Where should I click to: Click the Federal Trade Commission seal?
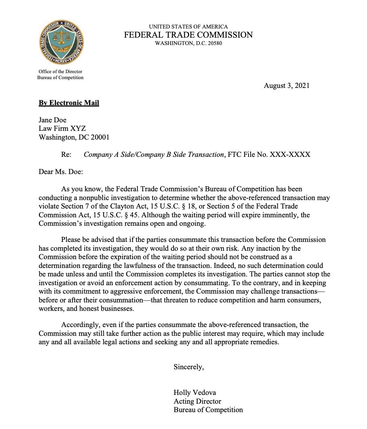[62, 42]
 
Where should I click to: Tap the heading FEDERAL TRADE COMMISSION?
[188, 35]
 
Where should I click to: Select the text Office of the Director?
[60, 71]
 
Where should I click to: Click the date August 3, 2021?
[286, 85]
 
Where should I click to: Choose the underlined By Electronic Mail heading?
[69, 103]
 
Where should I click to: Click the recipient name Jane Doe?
[52, 120]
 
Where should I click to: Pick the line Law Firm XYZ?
[62, 128]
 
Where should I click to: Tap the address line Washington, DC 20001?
[74, 137]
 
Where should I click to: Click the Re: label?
[66, 154]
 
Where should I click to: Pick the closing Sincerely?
[189, 367]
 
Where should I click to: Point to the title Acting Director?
[198, 401]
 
